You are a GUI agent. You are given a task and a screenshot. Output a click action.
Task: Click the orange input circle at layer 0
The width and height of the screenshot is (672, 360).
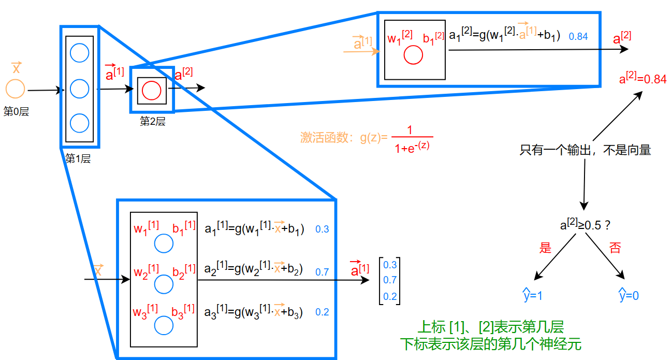pyautogui.click(x=15, y=89)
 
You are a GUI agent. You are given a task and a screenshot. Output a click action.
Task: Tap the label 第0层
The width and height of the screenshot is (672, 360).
pyautogui.click(x=16, y=111)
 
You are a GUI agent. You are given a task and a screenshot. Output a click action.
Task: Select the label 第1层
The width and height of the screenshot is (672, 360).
pyautogui.click(x=78, y=159)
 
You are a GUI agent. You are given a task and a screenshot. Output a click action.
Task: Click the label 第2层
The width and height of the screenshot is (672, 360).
pyautogui.click(x=152, y=122)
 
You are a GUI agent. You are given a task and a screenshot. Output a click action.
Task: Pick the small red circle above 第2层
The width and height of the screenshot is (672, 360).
pyautogui.click(x=151, y=91)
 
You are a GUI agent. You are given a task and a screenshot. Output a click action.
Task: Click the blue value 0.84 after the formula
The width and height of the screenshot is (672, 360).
pyautogui.click(x=578, y=36)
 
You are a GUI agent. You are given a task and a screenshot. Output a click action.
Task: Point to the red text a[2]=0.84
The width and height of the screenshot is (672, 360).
pyautogui.click(x=642, y=79)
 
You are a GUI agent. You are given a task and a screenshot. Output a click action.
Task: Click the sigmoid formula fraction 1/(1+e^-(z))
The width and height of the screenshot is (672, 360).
pyautogui.click(x=413, y=138)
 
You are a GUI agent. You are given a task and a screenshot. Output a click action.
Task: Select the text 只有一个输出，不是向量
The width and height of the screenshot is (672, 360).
pyautogui.click(x=585, y=151)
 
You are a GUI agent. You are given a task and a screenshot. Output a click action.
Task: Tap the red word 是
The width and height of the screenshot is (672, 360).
pyautogui.click(x=545, y=248)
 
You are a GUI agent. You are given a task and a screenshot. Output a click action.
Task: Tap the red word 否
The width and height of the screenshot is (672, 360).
pyautogui.click(x=615, y=248)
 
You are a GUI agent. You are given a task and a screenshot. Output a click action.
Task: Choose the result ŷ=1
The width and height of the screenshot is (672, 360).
pyautogui.click(x=532, y=295)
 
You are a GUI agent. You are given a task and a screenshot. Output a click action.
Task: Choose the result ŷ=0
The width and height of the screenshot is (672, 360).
pyautogui.click(x=629, y=295)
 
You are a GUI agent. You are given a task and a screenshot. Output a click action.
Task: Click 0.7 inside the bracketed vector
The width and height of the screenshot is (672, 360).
pyautogui.click(x=390, y=280)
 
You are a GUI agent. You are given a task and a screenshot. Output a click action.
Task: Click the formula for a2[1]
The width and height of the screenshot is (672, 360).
pyautogui.click(x=254, y=270)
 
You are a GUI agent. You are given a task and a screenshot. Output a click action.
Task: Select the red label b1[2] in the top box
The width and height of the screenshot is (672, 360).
pyautogui.click(x=433, y=38)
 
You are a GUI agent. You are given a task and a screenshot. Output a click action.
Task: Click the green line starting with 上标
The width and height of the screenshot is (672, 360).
pyautogui.click(x=490, y=327)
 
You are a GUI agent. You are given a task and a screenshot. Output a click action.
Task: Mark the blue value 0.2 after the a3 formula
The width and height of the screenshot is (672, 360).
pyautogui.click(x=322, y=312)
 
